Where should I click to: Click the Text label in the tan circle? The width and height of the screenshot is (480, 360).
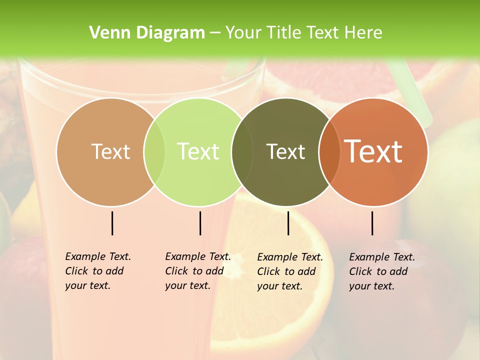[x=110, y=151]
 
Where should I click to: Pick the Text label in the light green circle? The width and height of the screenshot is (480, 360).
[x=198, y=151]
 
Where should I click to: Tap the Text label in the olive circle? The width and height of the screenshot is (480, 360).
[x=285, y=151]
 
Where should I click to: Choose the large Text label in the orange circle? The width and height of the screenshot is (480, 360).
[x=373, y=151]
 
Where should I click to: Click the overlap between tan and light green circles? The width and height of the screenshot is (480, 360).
[x=154, y=152]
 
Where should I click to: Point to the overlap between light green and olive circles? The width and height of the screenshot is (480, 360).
[x=242, y=152]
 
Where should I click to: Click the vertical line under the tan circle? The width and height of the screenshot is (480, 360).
[x=112, y=223]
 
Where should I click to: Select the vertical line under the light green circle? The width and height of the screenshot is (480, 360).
[x=200, y=223]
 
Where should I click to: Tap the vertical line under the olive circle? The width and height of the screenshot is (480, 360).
[x=288, y=223]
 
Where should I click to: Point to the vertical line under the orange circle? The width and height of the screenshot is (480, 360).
[x=372, y=223]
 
